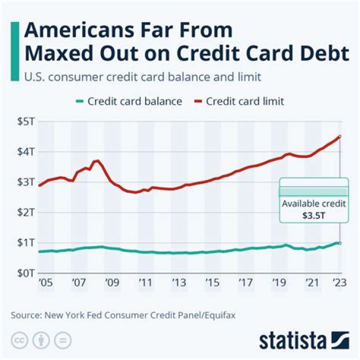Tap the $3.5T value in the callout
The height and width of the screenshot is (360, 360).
pos(313,215)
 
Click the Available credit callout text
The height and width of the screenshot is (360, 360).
pos(313,204)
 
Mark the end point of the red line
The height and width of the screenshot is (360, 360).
pos(340,136)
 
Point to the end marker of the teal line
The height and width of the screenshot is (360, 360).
pos(340,243)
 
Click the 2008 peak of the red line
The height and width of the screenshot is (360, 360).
pos(97,161)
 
